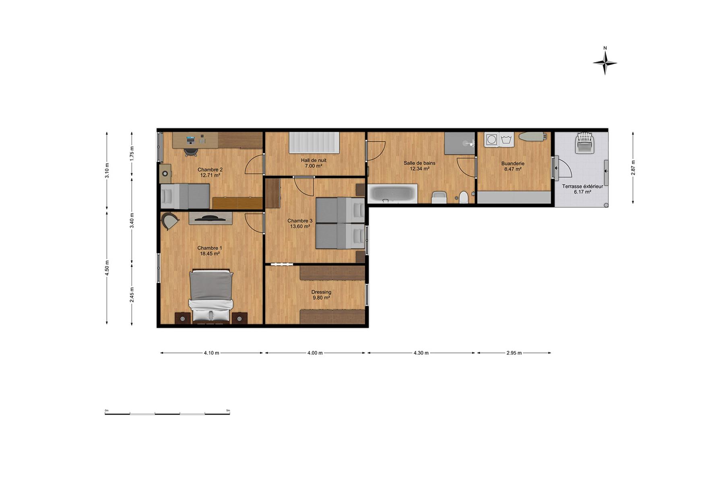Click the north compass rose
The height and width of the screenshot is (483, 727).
tap(605, 62)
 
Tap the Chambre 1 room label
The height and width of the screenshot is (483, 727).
tap(210, 248)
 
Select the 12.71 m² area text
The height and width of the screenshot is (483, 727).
tap(210, 175)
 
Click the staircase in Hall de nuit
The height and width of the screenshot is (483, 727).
tap(314, 142)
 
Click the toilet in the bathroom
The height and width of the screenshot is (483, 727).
tap(464, 197)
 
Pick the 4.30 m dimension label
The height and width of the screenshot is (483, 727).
tap(421, 353)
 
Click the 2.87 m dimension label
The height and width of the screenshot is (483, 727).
tap(633, 167)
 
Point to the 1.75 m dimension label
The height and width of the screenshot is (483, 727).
tap(132, 153)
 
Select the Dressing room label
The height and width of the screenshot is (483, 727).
tap(321, 292)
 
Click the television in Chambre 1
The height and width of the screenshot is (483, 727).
tap(210, 218)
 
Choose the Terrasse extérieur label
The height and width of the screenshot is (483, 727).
tap(582, 187)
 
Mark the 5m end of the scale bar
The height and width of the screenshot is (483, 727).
tap(230, 413)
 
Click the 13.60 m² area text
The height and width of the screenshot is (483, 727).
tap(300, 227)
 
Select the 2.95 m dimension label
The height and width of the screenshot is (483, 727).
tap(514, 353)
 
